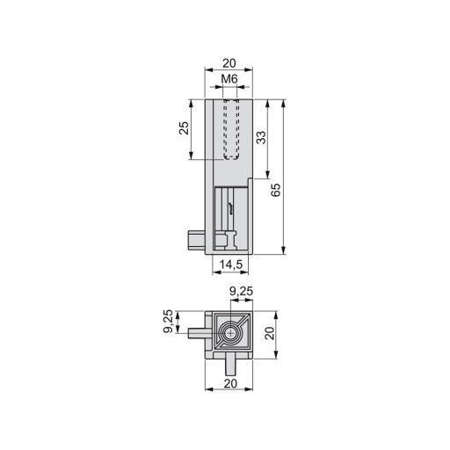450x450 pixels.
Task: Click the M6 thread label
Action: tap(229, 78)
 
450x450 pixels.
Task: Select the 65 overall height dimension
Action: tap(276, 190)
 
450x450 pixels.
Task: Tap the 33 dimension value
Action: tap(261, 138)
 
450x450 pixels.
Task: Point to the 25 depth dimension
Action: tap(184, 128)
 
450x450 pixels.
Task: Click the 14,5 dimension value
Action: tap(231, 265)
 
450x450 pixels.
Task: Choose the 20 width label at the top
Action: tap(229, 63)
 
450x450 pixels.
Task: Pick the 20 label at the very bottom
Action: tap(230, 383)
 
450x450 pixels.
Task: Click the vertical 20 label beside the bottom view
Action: tap(270, 333)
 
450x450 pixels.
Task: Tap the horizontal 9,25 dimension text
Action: tap(241, 292)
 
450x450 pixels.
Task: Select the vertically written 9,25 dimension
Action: tap(168, 321)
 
